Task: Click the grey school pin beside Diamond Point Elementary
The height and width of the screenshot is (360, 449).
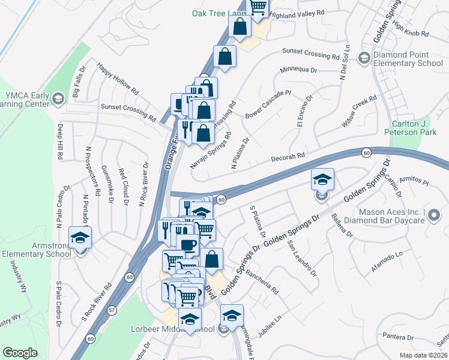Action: coord(364,58)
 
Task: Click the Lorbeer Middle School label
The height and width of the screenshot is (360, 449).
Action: coord(172,329)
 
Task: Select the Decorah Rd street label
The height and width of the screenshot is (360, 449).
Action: coord(288,156)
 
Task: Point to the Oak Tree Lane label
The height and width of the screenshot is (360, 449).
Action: coord(219,13)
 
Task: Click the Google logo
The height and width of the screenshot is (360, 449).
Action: coord(20,353)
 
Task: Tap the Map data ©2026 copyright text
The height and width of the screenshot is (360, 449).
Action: coord(423,355)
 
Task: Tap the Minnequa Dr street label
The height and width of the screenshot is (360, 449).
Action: coord(298,70)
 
